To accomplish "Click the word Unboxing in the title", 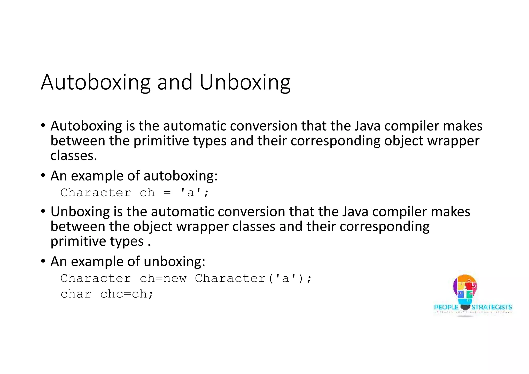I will coord(245,83).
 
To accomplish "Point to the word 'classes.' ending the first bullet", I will coord(74,156).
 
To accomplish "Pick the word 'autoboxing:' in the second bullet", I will coord(181,176).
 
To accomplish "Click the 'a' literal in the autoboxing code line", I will coord(190,193).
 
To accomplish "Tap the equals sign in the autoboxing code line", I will coord(167,193).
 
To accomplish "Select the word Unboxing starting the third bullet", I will coord(80,212).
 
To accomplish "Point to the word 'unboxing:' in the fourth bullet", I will coord(174,262).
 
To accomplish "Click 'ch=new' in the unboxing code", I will coord(163,278).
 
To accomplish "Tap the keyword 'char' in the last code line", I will coord(76,294).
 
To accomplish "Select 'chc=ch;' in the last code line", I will coord(127,294).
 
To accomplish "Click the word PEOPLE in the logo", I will coord(446,307).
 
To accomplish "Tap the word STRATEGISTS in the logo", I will coord(492,307).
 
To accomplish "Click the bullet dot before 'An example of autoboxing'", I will coord(43,176).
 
